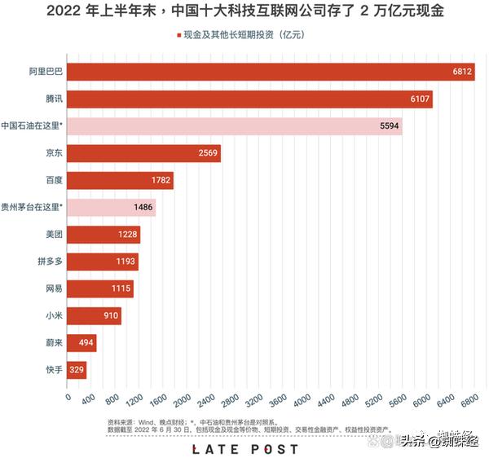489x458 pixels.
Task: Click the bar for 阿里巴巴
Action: [269, 72]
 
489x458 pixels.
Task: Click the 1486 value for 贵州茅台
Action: [144, 207]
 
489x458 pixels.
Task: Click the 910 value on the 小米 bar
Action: [110, 315]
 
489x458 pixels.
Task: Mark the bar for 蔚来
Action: [81, 343]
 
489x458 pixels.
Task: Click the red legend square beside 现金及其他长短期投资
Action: [178, 36]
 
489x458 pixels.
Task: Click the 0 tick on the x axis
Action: [68, 397]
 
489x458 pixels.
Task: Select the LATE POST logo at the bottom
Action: [244, 448]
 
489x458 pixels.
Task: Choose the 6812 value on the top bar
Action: [462, 72]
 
